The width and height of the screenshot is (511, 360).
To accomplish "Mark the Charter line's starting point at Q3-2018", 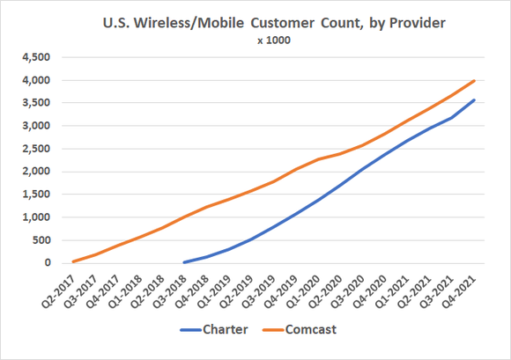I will click(183, 261).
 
